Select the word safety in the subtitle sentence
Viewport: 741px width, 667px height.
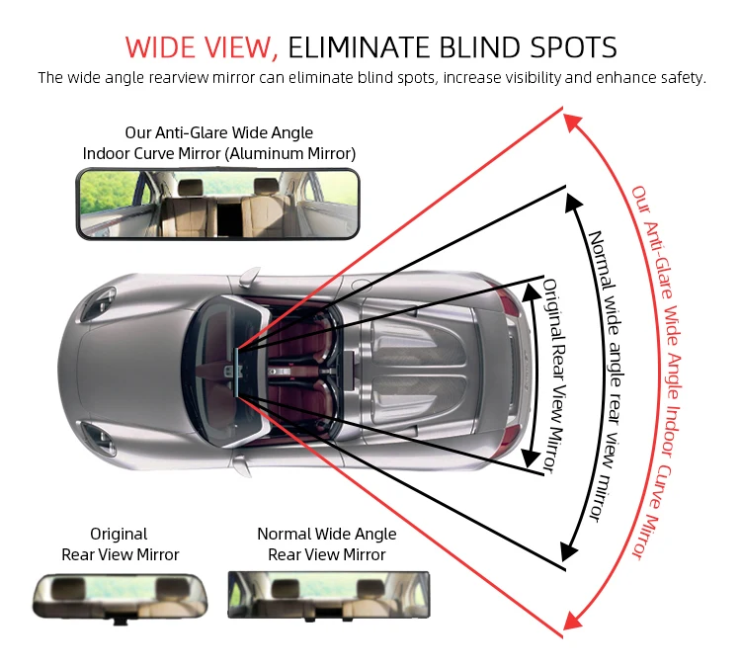(683, 78)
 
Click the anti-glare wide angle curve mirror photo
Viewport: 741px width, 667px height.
(217, 203)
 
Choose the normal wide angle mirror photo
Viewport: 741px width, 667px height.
(328, 594)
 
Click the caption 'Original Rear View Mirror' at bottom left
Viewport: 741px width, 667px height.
(120, 544)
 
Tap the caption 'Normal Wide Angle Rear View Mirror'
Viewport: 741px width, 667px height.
(327, 544)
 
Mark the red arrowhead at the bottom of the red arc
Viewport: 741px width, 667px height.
(570, 620)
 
